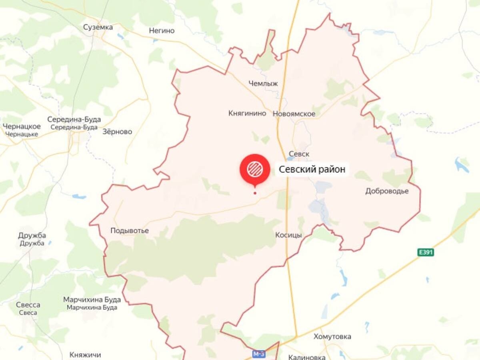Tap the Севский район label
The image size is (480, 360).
coord(312,170)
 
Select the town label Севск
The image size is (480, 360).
coord(299,154)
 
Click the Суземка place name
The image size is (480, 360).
coord(98,27)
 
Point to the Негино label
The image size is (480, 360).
coord(162,30)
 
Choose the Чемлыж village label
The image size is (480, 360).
coord(263,83)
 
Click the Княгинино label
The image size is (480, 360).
coord(247,113)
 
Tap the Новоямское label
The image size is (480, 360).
coord(294,114)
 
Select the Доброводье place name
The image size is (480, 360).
coord(387,191)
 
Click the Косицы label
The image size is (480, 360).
coord(288,235)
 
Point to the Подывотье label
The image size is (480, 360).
coord(130,231)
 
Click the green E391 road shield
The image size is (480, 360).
coord(426,252)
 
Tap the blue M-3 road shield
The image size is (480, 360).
coord(259,354)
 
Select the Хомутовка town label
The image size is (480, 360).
coord(332,336)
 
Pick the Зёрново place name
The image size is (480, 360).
coord(117,132)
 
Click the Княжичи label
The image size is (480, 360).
coord(85,355)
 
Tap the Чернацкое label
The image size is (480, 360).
coord(22,126)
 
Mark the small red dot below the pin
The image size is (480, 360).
coord(255,193)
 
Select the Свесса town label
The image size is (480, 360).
coord(28,305)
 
